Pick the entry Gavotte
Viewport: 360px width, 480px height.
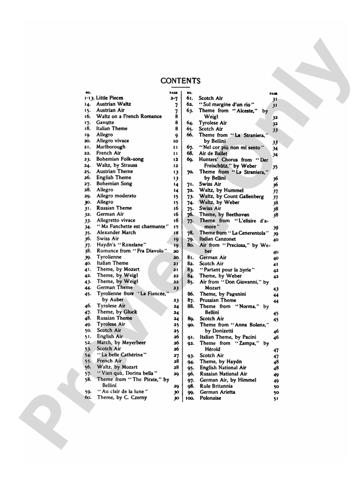tap(106, 122)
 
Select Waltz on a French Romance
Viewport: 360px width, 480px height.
tap(129, 116)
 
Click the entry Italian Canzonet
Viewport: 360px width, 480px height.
tap(219, 239)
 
